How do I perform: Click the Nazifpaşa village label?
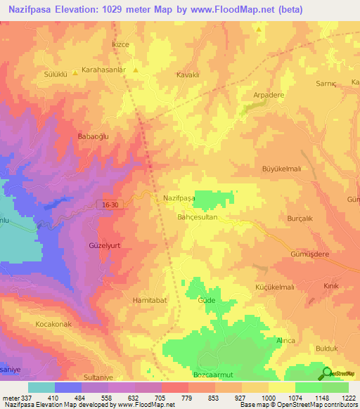(x=179, y=198)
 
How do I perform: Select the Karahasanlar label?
(x=103, y=71)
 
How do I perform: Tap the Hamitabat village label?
(x=149, y=300)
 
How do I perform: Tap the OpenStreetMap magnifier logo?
(x=327, y=373)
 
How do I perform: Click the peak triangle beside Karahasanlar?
(x=135, y=71)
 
